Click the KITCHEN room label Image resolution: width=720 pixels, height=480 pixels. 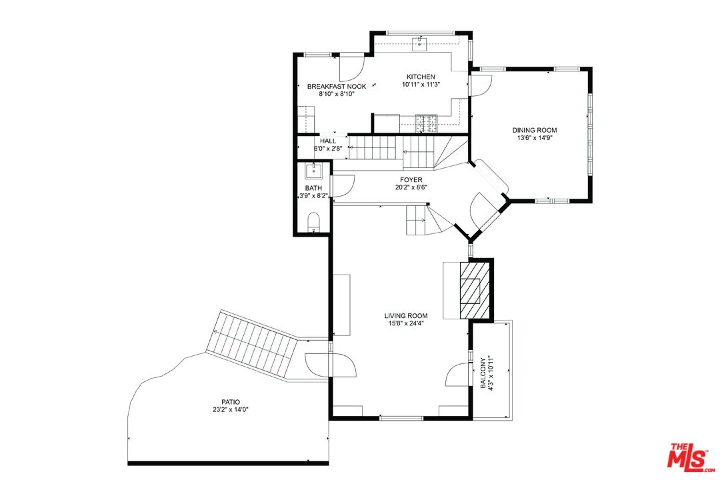tap(421, 77)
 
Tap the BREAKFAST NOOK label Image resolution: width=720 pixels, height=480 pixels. tap(337, 87)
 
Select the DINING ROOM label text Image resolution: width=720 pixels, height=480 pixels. tap(535, 130)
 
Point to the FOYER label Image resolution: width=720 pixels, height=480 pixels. tap(411, 179)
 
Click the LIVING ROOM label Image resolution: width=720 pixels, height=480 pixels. tap(406, 315)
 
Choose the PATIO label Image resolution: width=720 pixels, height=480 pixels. tap(231, 402)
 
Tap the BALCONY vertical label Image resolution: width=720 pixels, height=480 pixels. tap(483, 373)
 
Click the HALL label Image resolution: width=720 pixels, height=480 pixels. tap(328, 141)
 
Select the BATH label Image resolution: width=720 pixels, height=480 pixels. tap(313, 188)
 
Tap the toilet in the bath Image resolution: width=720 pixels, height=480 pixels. tap(313, 221)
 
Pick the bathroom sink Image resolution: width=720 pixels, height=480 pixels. tap(314, 171)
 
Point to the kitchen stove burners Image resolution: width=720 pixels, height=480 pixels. tap(427, 123)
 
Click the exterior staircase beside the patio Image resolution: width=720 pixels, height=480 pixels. tap(252, 341)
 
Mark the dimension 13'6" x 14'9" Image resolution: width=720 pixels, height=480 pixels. tap(535, 137)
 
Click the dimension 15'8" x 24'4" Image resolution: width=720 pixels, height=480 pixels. tap(406, 323)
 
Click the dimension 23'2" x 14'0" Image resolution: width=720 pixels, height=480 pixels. tap(231, 409)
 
